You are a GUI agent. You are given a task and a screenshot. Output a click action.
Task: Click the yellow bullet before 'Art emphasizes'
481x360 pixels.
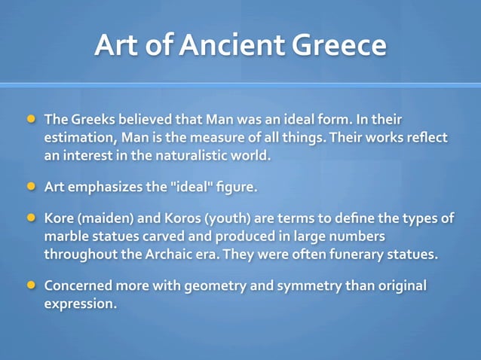point(31,185)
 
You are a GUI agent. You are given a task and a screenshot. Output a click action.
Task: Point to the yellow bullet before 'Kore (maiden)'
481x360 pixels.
point(31,218)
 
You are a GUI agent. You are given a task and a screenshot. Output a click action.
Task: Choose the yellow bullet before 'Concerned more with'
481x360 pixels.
point(31,285)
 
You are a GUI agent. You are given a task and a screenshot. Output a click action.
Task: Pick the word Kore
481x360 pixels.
point(60,218)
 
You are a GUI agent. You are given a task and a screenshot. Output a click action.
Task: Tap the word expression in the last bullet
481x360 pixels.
point(80,304)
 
